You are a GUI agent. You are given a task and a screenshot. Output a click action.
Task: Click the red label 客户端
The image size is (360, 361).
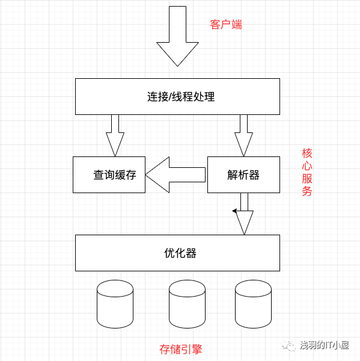(226, 25)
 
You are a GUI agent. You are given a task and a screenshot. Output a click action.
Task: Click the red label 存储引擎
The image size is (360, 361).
(181, 349)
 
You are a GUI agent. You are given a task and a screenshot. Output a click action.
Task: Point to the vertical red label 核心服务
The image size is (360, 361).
(307, 172)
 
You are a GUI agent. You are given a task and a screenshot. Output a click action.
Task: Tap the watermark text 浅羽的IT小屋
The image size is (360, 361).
(325, 345)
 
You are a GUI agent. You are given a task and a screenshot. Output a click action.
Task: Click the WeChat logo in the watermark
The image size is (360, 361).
(288, 345)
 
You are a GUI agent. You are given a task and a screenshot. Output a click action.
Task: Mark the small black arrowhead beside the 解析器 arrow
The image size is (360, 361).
(234, 211)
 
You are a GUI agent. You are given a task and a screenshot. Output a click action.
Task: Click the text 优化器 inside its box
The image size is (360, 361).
(180, 253)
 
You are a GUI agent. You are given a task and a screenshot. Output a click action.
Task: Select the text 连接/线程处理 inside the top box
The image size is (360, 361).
(181, 97)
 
